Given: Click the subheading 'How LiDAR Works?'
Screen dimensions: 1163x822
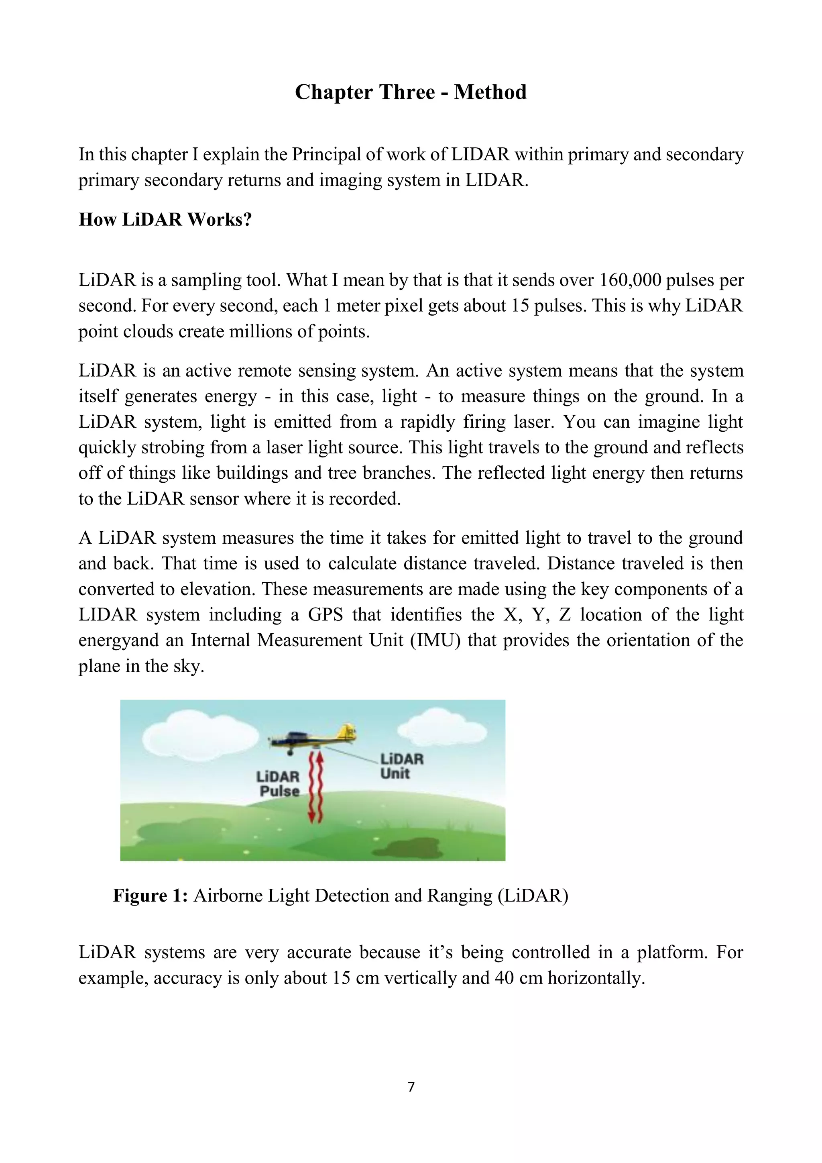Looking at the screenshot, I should [x=165, y=219].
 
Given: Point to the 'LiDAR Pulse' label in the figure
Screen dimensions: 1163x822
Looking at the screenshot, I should [x=279, y=783].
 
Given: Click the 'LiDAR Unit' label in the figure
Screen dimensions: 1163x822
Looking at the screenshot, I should [x=401, y=766].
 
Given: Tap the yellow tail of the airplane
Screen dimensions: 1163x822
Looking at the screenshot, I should [x=348, y=731].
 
